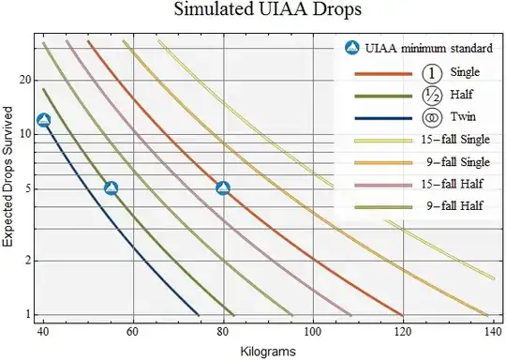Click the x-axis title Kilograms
click(x=269, y=350)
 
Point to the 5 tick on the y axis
click(x=29, y=188)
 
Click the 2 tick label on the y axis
click(x=29, y=261)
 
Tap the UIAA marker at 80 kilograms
click(x=223, y=188)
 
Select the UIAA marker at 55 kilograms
click(x=111, y=188)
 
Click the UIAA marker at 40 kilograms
click(x=43, y=120)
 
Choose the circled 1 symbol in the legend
click(x=430, y=72)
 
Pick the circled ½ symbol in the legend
click(x=430, y=96)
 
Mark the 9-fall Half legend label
click(x=450, y=204)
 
